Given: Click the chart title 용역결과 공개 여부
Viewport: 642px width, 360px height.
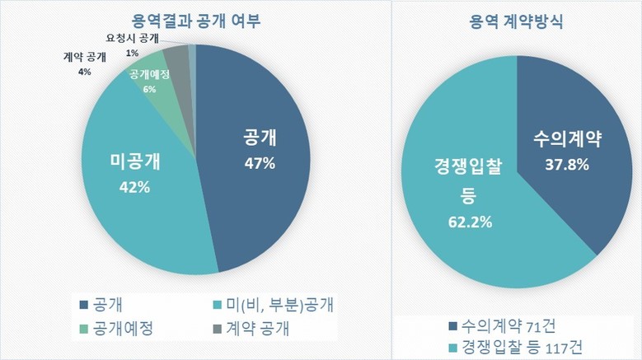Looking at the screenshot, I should point(195,21).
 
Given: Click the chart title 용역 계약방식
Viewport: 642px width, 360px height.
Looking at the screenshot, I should point(516,21).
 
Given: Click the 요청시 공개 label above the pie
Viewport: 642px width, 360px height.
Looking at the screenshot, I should point(138,39).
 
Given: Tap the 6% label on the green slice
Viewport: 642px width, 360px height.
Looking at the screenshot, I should point(149,89).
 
